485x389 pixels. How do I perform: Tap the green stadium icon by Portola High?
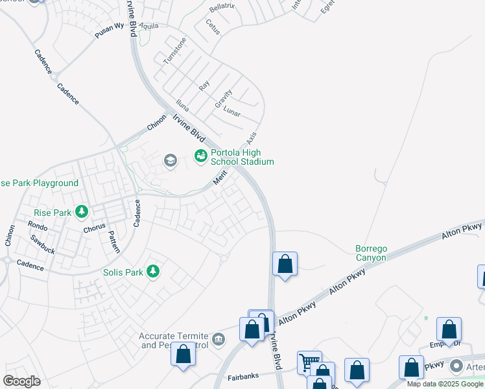(x=200, y=155)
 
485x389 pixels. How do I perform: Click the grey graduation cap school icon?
(x=170, y=161)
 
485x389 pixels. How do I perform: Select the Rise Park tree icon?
(x=81, y=211)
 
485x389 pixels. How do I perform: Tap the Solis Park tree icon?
(x=153, y=271)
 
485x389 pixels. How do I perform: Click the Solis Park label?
(x=123, y=272)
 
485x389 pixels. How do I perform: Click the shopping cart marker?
(x=309, y=361)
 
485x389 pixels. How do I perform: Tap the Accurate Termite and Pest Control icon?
(x=219, y=339)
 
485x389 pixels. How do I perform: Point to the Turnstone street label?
(x=174, y=50)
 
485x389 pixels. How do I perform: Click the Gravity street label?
(x=224, y=99)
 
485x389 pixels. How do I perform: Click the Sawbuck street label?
(x=43, y=244)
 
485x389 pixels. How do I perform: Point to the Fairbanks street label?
(x=244, y=377)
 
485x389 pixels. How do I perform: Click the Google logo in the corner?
(x=21, y=381)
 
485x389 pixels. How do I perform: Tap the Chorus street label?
(x=94, y=229)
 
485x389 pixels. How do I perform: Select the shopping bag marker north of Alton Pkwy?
(x=285, y=263)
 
